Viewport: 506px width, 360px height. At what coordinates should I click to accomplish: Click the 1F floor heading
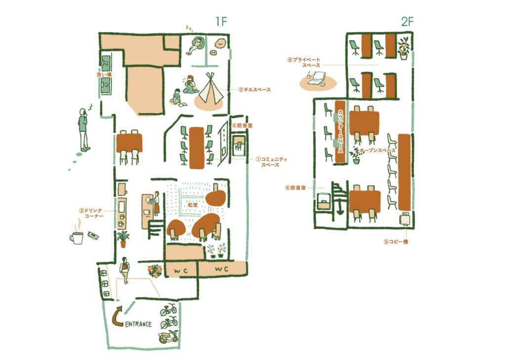click(x=221, y=22)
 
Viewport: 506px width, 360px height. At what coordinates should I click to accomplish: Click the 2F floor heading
click(x=407, y=22)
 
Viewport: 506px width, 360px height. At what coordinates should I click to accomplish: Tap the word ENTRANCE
click(x=138, y=324)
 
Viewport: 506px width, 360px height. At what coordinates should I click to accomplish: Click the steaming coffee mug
click(x=77, y=235)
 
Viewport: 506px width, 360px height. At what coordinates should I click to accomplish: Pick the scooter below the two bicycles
click(x=168, y=337)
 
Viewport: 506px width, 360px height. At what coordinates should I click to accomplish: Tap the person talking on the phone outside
click(x=84, y=130)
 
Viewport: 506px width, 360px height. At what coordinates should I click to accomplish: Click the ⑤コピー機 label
click(x=396, y=241)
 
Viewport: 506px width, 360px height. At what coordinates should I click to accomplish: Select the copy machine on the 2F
click(x=405, y=219)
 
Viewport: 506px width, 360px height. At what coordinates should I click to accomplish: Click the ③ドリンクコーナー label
click(x=91, y=214)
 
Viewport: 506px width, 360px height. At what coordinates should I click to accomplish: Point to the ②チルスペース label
click(x=254, y=90)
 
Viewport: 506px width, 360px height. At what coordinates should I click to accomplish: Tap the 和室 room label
click(x=192, y=205)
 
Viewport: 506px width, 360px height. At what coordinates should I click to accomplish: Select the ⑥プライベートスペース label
click(x=304, y=62)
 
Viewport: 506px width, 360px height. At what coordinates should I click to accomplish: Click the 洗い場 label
click(x=104, y=75)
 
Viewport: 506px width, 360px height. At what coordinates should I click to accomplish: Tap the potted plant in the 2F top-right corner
click(x=404, y=48)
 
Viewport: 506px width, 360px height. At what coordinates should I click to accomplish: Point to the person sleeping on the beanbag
click(x=195, y=45)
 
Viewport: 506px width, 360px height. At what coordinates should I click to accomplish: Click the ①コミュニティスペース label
click(x=271, y=162)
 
